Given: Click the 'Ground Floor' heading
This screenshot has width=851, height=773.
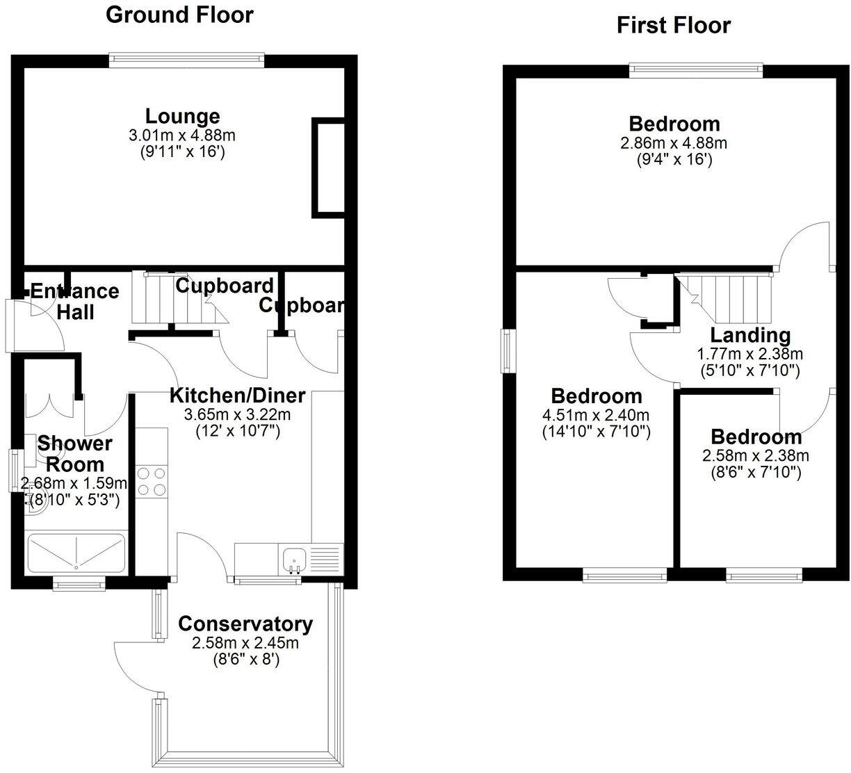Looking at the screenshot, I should click(179, 15).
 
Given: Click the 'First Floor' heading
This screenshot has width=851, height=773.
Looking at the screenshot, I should click(673, 26).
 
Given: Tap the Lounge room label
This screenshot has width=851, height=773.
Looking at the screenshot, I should click(182, 116).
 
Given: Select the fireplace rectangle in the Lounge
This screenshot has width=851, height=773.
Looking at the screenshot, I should click(327, 167).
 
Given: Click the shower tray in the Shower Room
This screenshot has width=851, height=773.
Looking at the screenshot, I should click(76, 553).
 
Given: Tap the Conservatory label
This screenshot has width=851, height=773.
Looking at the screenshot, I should click(245, 624).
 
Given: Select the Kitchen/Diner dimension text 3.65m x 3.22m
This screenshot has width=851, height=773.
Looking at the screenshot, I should click(237, 415).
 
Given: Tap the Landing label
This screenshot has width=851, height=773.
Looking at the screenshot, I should click(749, 336).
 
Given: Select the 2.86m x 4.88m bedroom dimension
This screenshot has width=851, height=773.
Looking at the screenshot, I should click(674, 143).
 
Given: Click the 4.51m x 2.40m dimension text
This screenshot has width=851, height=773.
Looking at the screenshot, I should click(596, 416).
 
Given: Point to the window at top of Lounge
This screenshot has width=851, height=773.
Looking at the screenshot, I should click(186, 60).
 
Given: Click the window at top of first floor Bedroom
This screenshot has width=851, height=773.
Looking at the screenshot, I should click(696, 70).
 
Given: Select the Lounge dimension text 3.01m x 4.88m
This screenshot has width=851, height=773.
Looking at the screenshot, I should click(182, 135).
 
